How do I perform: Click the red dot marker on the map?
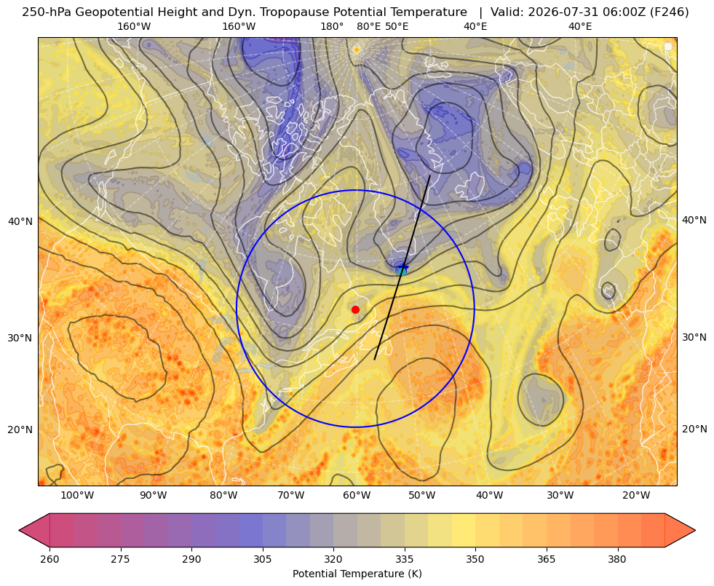coord(356,309)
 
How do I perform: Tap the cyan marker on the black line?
coord(402,272)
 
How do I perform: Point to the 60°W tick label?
coord(357,495)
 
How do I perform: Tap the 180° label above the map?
coord(332,26)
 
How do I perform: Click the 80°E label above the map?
coord(368,26)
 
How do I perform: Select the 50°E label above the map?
coord(397,26)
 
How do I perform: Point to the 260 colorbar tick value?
coord(49,559)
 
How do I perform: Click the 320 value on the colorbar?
coord(333,559)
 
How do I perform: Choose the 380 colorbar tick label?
coord(617,559)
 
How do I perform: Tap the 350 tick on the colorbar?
coord(475,559)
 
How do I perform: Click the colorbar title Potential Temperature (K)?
coord(357,574)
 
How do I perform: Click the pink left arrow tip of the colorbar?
coord(20,530)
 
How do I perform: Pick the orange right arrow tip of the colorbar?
coord(695,530)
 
